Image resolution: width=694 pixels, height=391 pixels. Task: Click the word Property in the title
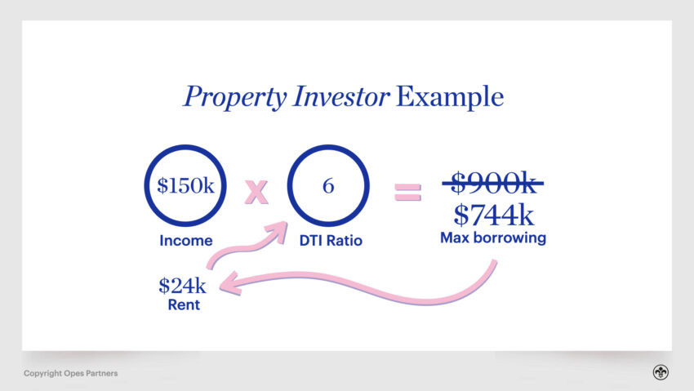[x=235, y=97]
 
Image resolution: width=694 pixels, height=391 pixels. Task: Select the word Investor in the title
[x=340, y=96]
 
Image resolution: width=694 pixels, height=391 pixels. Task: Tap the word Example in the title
[x=450, y=97]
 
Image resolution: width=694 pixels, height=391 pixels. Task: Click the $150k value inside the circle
[x=185, y=185]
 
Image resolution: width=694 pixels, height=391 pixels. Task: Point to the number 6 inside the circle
[x=328, y=185]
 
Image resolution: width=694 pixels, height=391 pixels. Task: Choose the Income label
[x=186, y=241]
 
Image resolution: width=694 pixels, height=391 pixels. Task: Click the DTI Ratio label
[x=331, y=241]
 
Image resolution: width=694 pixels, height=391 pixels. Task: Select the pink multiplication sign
[x=256, y=192]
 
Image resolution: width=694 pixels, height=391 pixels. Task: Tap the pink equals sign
[x=407, y=192]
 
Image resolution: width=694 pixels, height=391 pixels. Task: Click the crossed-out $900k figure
[x=493, y=183]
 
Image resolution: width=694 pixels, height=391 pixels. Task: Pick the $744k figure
[x=493, y=215]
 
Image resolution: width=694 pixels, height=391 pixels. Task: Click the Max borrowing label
[x=493, y=238]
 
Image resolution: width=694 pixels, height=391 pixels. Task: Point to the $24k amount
[x=182, y=286]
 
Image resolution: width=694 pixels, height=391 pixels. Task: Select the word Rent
[x=184, y=304]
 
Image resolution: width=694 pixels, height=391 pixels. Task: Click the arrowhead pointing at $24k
[x=229, y=284]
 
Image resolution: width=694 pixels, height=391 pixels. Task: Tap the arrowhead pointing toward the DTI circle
[x=278, y=231]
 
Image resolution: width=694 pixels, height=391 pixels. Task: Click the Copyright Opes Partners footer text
[x=71, y=373]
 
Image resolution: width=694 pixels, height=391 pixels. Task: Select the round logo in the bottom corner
[x=661, y=372]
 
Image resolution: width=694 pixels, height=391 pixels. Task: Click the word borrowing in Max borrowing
[x=509, y=238]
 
